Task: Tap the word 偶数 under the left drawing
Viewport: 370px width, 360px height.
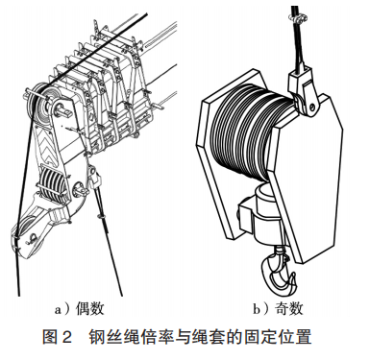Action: [90, 309]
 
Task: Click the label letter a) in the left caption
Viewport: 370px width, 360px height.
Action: [62, 310]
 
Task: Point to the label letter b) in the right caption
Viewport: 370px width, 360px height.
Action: [261, 309]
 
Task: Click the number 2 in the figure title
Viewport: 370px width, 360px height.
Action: [66, 337]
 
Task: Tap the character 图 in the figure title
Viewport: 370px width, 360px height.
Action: [50, 337]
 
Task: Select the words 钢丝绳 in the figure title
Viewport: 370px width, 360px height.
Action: [114, 337]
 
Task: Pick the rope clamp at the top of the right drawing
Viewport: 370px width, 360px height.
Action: [298, 18]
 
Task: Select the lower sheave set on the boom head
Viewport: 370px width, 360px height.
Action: [53, 185]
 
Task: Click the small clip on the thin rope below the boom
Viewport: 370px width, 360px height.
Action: [102, 217]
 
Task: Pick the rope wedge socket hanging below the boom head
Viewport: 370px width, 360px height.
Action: [94, 177]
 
